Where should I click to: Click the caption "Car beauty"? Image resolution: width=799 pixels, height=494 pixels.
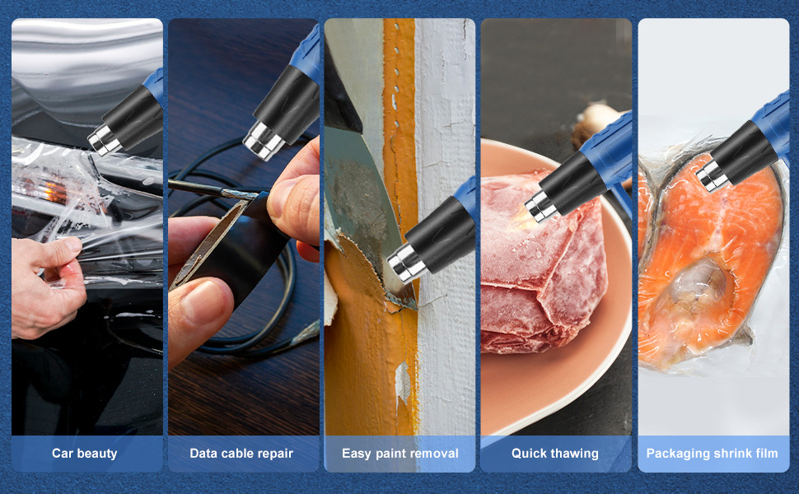click(x=85, y=454)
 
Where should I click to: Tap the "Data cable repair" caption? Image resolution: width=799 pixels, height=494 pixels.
click(x=241, y=454)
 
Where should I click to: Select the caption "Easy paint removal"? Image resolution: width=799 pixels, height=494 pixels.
click(x=400, y=454)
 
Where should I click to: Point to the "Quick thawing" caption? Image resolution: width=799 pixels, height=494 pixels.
click(x=555, y=454)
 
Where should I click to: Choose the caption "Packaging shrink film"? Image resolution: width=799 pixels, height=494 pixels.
click(x=712, y=454)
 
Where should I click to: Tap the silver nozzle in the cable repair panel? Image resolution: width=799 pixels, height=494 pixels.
click(x=263, y=141)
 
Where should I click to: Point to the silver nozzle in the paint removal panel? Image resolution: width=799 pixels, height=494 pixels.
click(x=405, y=263)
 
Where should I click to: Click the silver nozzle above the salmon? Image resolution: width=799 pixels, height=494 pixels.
click(x=712, y=175)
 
